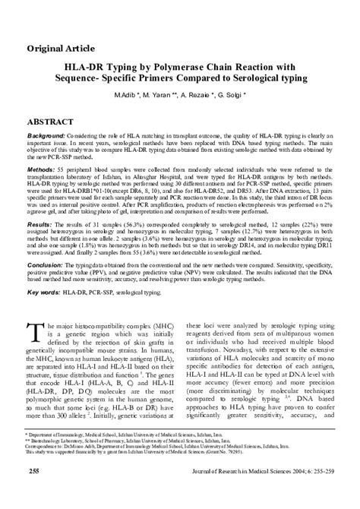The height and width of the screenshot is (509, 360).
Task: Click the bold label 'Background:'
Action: click(x=48, y=134)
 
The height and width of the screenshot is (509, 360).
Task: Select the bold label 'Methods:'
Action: click(x=43, y=169)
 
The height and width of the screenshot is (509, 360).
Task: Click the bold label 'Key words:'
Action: click(x=43, y=292)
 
